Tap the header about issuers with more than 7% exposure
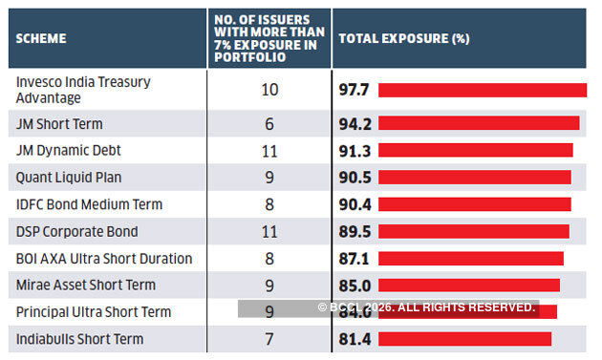point(268,38)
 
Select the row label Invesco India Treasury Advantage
point(83,90)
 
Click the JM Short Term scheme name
point(59,123)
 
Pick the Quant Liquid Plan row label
point(69,177)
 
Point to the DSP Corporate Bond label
point(77,231)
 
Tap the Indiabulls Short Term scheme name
point(79,339)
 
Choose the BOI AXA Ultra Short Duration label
point(104,258)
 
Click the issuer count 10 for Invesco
point(269,90)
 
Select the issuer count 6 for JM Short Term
point(269,123)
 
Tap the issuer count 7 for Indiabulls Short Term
point(269,339)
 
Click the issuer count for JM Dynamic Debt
point(269,150)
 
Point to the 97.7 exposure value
point(355,90)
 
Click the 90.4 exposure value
point(355,204)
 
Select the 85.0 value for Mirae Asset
point(355,285)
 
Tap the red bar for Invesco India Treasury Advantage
point(483,90)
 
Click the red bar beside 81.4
point(465,339)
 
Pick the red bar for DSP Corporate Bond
point(474,231)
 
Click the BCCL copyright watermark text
point(426,307)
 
